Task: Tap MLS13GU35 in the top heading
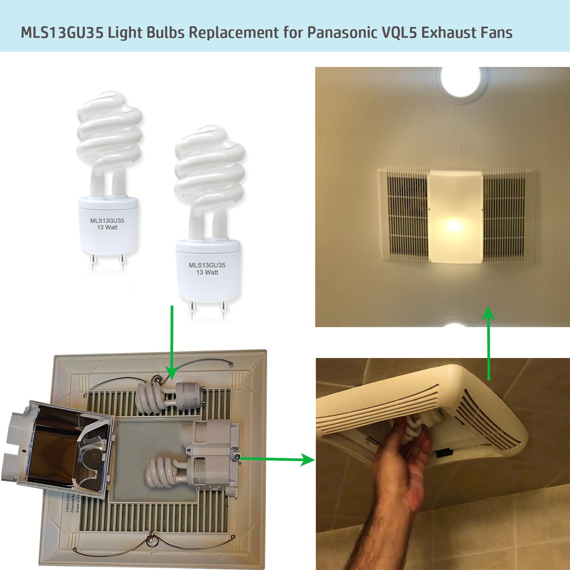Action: [x=62, y=33]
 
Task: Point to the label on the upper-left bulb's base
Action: [x=107, y=224]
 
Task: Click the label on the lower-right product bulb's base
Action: [x=207, y=268]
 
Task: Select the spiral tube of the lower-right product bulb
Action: [x=209, y=167]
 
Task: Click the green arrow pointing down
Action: [x=172, y=342]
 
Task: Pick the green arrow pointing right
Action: [x=277, y=459]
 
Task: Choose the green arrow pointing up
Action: [x=489, y=342]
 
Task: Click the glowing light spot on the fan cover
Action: [x=454, y=226]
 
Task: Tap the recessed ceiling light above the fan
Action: [x=461, y=82]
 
